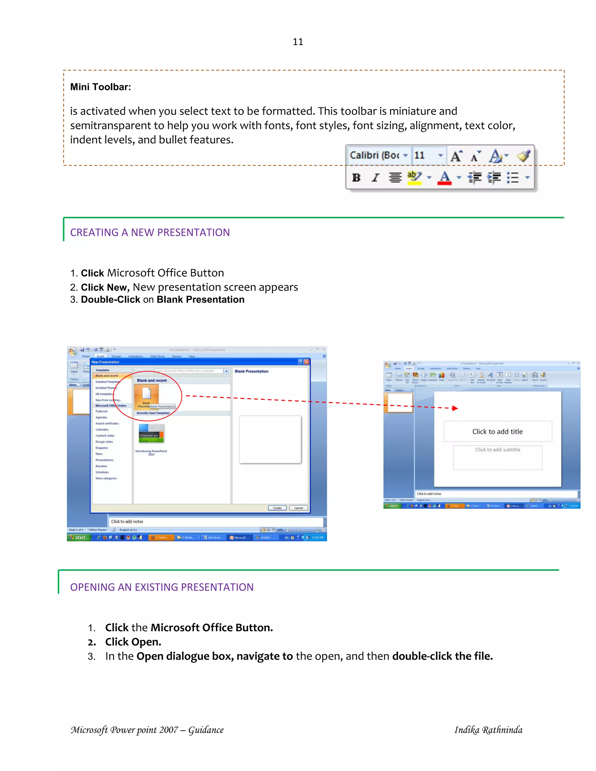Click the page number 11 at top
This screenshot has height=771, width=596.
298,42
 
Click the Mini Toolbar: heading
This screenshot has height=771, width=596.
100,87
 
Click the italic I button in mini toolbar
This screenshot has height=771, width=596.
375,177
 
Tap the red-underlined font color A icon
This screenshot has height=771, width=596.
445,177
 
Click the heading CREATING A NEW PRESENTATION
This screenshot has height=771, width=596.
150,232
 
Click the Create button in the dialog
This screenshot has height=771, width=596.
277,508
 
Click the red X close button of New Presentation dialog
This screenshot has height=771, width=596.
306,362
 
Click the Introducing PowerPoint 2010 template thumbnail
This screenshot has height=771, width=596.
151,434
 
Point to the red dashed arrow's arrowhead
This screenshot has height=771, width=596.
455,408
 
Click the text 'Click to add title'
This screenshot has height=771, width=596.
497,431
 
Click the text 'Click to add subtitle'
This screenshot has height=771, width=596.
497,450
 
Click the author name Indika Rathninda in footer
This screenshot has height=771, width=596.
488,730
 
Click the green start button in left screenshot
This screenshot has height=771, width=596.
78,537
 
